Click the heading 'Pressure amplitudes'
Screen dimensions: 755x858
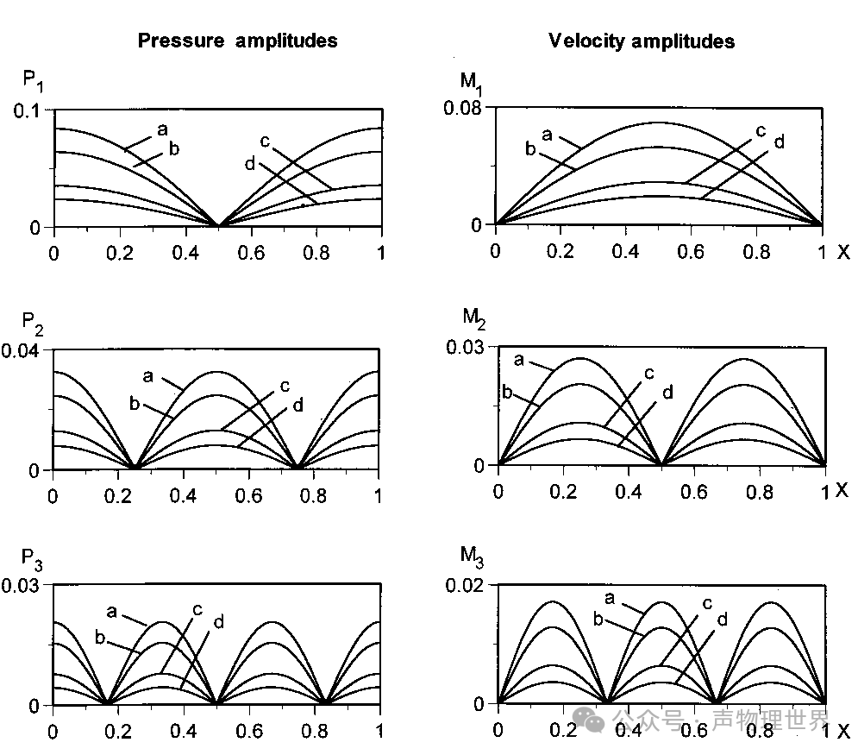(x=237, y=41)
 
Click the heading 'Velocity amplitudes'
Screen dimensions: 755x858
(x=642, y=41)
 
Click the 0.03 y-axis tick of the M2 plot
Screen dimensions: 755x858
(x=467, y=347)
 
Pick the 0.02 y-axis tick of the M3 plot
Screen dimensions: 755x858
(x=467, y=586)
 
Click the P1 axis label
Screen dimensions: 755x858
(x=32, y=82)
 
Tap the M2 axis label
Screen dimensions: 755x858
(x=473, y=318)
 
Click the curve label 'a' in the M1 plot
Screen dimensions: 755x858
(x=546, y=135)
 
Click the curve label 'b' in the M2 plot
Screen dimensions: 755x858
(x=507, y=393)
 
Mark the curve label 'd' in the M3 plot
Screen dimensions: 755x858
(x=722, y=620)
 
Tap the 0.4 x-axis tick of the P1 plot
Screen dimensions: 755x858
(x=185, y=251)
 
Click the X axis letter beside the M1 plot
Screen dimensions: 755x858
(x=842, y=251)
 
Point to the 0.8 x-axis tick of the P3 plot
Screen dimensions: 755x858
(x=314, y=730)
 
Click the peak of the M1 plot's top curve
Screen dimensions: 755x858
(x=658, y=123)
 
